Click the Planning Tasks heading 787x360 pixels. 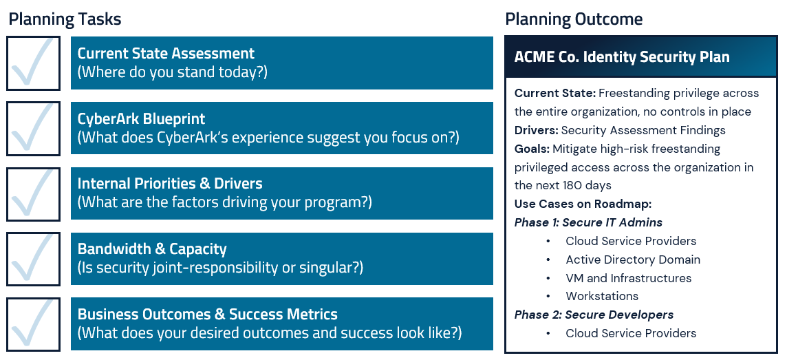pyautogui.click(x=65, y=19)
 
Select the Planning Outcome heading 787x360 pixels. pyautogui.click(x=574, y=19)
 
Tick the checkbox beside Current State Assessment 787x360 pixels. pyautogui.click(x=33, y=63)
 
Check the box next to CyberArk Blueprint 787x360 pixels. pyautogui.click(x=33, y=129)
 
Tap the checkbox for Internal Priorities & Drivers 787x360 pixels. pyautogui.click(x=33, y=193)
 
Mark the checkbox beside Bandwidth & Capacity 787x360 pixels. pyautogui.click(x=33, y=259)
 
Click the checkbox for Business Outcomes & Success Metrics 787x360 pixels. pyautogui.click(x=33, y=324)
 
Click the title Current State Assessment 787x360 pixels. pyautogui.click(x=166, y=54)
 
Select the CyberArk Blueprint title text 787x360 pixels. pyautogui.click(x=141, y=119)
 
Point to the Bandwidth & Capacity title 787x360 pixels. pyautogui.click(x=152, y=249)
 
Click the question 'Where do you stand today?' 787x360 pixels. pyautogui.click(x=172, y=72)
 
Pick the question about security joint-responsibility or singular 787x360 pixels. pyautogui.click(x=220, y=268)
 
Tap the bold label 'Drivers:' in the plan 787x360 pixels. pyautogui.click(x=536, y=130)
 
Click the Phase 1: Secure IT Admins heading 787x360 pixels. pyautogui.click(x=588, y=222)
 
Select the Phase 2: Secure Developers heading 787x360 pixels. pyautogui.click(x=594, y=315)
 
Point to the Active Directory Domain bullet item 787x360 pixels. pyautogui.click(x=633, y=260)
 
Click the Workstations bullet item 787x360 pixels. pyautogui.click(x=602, y=296)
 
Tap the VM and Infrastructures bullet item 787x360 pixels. pyautogui.click(x=628, y=278)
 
